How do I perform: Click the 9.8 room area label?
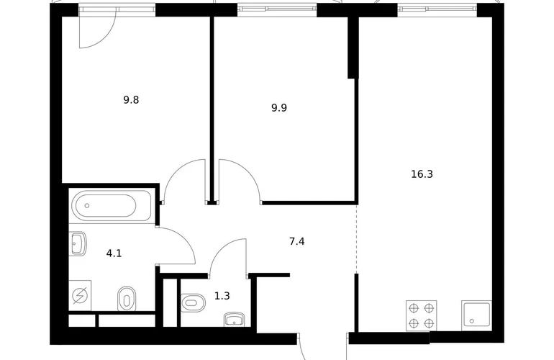(131, 100)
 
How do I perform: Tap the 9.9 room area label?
(278, 108)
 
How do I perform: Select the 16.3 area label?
(422, 174)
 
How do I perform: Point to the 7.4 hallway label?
(296, 241)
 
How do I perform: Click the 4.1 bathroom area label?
(114, 253)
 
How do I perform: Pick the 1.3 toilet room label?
(222, 296)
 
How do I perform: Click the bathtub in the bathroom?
(112, 206)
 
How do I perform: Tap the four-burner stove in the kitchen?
(421, 315)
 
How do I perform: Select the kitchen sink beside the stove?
(476, 315)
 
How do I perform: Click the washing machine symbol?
(80, 296)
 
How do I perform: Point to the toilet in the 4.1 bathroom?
(127, 299)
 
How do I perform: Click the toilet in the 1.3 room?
(193, 303)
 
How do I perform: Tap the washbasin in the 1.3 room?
(235, 320)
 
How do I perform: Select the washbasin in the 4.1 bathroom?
(78, 243)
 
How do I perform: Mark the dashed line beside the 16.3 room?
(356, 240)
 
